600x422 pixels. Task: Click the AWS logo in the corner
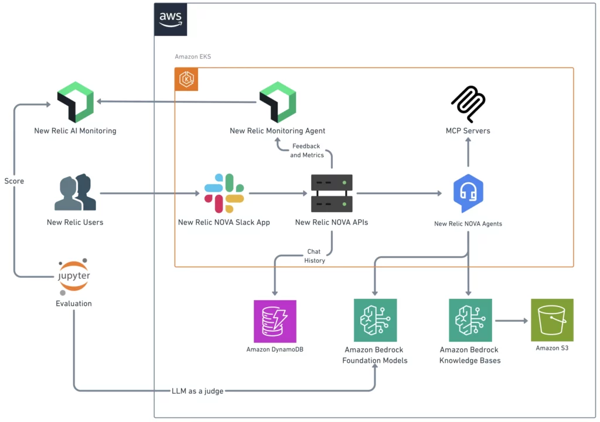[171, 19]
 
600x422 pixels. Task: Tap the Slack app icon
[224, 193]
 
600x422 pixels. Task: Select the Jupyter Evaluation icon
[74, 276]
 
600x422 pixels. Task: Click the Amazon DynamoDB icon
[275, 321]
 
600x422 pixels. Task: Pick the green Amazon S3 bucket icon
[552, 320]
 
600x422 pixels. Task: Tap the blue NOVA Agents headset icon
[468, 193]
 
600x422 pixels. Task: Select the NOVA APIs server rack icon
[332, 193]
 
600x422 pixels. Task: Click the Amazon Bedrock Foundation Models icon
[375, 320]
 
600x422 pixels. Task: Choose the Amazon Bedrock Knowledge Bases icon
[470, 320]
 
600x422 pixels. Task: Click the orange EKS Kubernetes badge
[186, 80]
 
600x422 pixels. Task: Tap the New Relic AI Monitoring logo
[75, 102]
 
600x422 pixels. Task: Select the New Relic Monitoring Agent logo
[277, 102]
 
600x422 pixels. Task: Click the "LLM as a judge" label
[197, 391]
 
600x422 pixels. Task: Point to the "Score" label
[14, 181]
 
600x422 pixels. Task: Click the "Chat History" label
[314, 256]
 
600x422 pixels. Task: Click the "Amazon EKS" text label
[193, 57]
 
